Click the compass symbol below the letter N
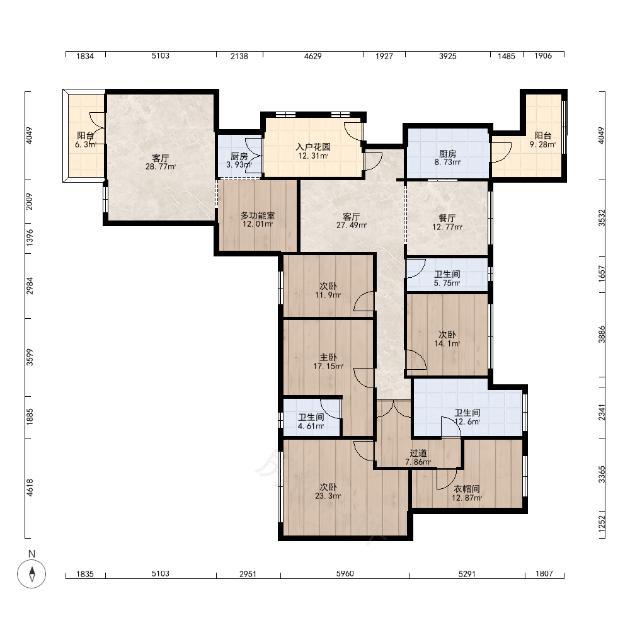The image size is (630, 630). (x=31, y=573)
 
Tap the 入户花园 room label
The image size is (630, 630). (x=313, y=147)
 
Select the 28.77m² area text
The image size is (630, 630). (x=160, y=167)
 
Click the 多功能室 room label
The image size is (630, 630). (x=258, y=215)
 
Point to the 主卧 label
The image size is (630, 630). (x=328, y=358)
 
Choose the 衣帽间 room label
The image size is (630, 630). (x=467, y=489)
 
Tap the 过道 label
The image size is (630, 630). (x=418, y=453)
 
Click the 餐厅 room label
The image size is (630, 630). (x=447, y=218)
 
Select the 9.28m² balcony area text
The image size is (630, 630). (x=543, y=145)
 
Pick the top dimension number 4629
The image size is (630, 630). (x=312, y=56)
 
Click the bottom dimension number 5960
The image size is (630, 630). (x=345, y=574)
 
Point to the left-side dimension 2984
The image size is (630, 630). (x=30, y=285)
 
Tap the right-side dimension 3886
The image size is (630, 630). (x=601, y=334)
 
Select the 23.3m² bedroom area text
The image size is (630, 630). (x=328, y=496)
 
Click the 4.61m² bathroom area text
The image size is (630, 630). (x=311, y=427)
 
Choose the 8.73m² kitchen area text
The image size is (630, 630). (x=447, y=163)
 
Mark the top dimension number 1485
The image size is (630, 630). (x=507, y=56)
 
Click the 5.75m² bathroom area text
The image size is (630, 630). (x=447, y=283)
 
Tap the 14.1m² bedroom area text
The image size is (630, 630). (x=447, y=343)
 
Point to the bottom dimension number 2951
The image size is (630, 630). (x=248, y=574)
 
